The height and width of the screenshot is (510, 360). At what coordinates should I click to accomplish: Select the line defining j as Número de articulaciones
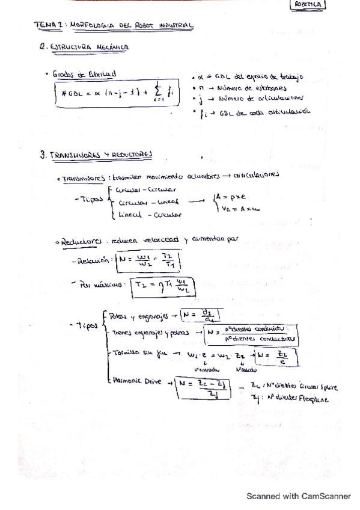click(251, 98)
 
